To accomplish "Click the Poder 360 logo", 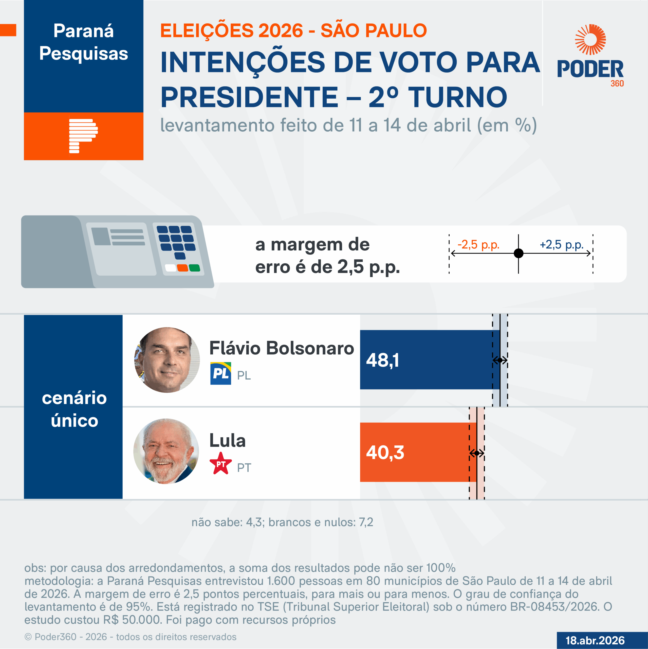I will coord(590,56).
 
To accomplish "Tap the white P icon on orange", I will coord(83,136).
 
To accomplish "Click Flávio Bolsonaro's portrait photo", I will coord(167,360).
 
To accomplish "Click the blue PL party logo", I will coord(220,373).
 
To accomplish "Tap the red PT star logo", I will coord(220,464).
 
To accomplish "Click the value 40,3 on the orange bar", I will coord(385,452).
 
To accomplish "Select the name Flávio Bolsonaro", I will coord(281,348).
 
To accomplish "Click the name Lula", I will coord(227,440).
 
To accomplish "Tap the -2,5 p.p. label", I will coord(478,245).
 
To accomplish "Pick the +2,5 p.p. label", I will coord(561,245).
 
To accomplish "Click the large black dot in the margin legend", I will coord(519,253).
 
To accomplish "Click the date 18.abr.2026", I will coord(595,640).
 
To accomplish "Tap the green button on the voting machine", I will coord(194,268).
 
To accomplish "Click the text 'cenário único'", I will coord(74,409).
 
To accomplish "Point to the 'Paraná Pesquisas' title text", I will coord(83,42).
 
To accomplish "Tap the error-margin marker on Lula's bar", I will coord(477,453).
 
